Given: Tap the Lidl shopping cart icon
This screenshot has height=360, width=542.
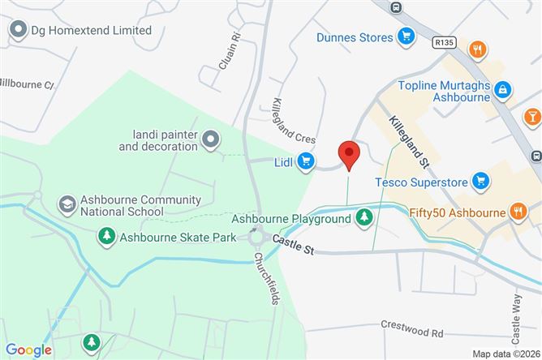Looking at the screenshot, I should click(306, 161).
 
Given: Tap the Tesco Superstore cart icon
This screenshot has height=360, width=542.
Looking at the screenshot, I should click(480, 181).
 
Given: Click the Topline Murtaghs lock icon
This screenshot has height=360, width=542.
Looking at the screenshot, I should click(503, 88).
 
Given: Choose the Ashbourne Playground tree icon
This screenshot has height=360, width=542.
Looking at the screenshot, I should click(364, 217).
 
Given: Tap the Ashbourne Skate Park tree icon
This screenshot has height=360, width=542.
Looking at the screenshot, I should click(105, 237).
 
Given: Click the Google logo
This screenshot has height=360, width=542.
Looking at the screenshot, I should click(29, 350).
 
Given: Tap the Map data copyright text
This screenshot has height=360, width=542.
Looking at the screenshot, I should click(506, 354).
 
